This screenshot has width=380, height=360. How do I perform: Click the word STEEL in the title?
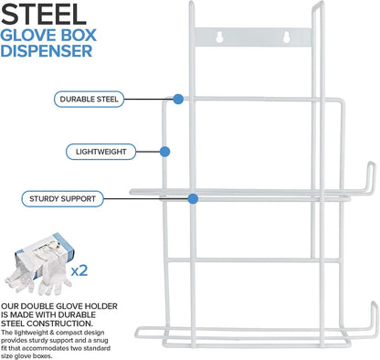(44, 15)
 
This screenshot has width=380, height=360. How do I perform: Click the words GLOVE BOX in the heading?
(48, 35)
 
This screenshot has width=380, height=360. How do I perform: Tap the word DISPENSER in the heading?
(47, 51)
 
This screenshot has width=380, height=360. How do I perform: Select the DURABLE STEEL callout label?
(89, 99)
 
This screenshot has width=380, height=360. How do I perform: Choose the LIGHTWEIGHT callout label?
(100, 152)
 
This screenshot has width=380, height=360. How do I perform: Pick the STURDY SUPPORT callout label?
(62, 199)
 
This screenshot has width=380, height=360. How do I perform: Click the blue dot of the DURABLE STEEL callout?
(178, 99)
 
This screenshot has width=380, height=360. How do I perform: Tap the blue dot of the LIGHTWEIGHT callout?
(164, 152)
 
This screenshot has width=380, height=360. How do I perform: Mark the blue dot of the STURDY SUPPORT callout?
(193, 199)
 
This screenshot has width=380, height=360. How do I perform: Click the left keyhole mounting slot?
(220, 37)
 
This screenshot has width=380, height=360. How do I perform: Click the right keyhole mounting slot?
(287, 37)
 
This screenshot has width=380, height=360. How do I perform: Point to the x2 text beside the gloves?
(79, 270)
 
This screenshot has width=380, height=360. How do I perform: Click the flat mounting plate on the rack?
(253, 37)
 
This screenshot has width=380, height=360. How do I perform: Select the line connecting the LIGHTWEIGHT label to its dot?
(148, 152)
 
